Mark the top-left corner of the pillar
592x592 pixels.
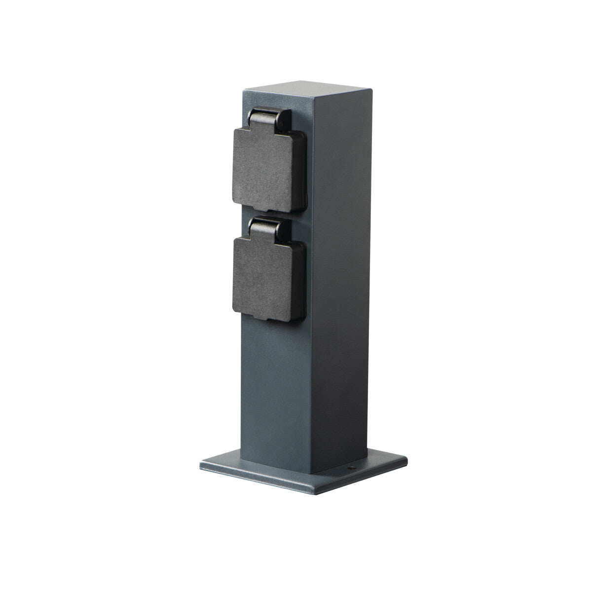[x=241, y=91]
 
